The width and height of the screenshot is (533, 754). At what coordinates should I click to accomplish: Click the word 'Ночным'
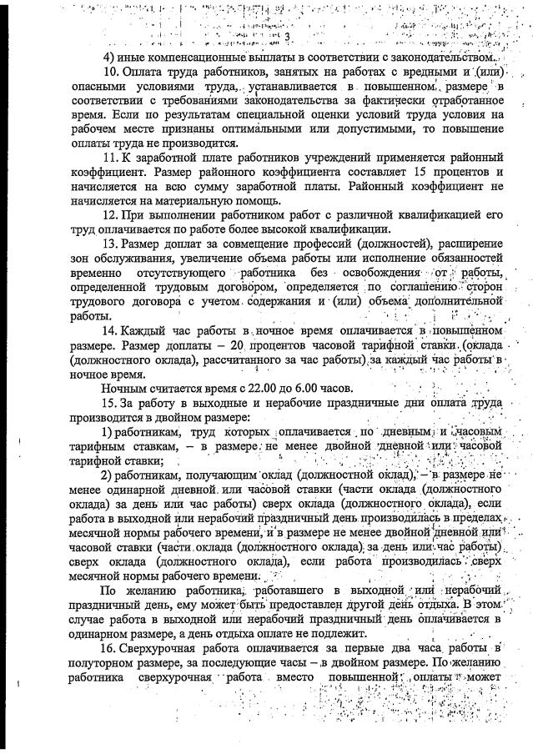click(126, 390)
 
